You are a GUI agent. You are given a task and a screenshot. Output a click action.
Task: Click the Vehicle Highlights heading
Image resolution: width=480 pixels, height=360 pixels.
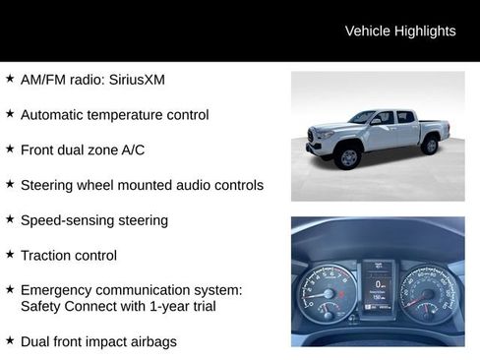400,31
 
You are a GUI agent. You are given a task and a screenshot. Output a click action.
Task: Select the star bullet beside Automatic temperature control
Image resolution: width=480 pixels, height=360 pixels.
10,113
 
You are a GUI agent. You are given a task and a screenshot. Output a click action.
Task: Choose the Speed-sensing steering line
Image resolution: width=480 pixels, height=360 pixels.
94,220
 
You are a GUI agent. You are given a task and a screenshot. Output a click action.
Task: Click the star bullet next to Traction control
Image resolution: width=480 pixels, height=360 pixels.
10,254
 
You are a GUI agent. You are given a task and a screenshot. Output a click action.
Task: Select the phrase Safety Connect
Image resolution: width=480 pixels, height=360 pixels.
67,307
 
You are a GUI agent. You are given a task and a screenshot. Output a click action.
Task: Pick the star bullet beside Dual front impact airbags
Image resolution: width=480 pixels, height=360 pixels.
10,340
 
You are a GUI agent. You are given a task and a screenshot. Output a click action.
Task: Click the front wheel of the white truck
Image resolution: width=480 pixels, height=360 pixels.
348,156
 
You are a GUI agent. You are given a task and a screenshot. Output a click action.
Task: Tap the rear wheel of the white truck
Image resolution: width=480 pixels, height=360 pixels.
430,146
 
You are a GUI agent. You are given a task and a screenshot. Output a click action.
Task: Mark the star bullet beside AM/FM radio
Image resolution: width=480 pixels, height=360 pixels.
10,78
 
